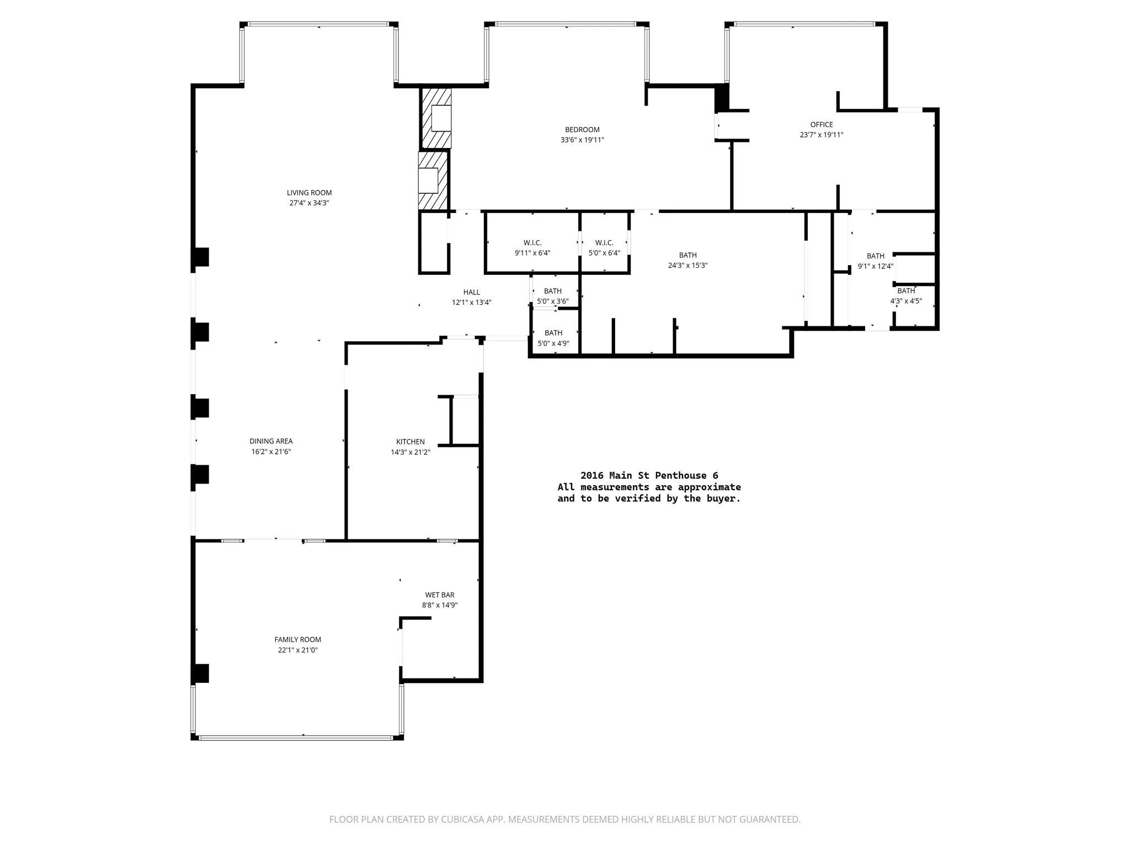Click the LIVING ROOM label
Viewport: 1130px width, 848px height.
pos(309,193)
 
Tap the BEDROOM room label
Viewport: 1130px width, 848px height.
pos(582,130)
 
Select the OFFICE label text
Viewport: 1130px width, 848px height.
pos(822,125)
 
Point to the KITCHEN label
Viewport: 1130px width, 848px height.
pos(411,442)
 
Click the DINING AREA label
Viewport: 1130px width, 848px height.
pos(271,441)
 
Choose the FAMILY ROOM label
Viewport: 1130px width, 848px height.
pos(298,640)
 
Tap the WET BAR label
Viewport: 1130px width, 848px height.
pos(440,595)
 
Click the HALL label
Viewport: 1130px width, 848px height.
pos(472,293)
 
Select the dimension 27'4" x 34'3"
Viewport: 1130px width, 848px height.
pos(309,203)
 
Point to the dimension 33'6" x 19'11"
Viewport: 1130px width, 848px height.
pos(582,140)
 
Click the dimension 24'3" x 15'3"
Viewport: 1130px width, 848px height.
pos(687,266)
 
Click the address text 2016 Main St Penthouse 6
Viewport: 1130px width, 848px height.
pos(649,475)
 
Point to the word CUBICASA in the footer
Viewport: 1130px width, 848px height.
pos(463,819)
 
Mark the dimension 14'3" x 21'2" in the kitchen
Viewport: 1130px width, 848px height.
pos(411,452)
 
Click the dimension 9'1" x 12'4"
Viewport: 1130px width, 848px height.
pos(876,266)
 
